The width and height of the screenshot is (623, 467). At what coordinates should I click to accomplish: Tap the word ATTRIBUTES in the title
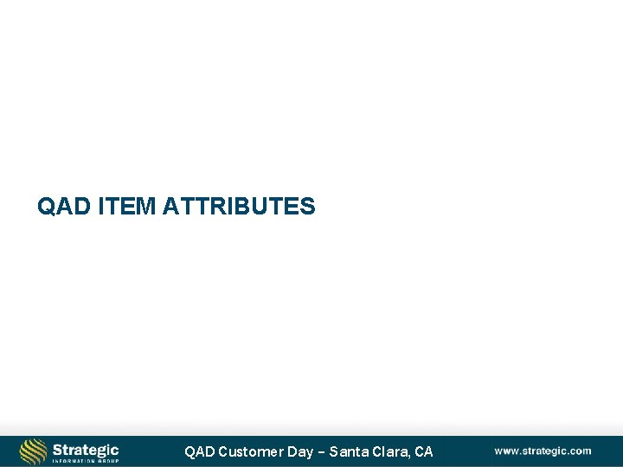[x=238, y=207]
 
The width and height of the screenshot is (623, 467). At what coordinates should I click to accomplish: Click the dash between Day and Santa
[x=320, y=451]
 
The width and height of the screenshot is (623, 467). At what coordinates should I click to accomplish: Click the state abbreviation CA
[x=424, y=451]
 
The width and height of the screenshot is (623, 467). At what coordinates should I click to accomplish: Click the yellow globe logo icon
[x=33, y=451]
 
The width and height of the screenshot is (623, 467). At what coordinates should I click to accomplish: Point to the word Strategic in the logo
[x=86, y=449]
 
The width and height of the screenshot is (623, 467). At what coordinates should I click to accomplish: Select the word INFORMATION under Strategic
[x=74, y=461]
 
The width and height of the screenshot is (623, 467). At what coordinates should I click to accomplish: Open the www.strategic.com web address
[x=543, y=451]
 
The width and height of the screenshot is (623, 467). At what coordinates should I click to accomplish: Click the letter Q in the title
[x=46, y=207]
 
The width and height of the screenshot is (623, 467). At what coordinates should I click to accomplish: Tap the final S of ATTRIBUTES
[x=308, y=207]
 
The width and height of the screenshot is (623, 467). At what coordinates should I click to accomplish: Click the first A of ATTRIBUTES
[x=170, y=207]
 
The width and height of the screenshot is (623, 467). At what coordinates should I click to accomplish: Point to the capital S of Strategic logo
[x=57, y=449]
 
